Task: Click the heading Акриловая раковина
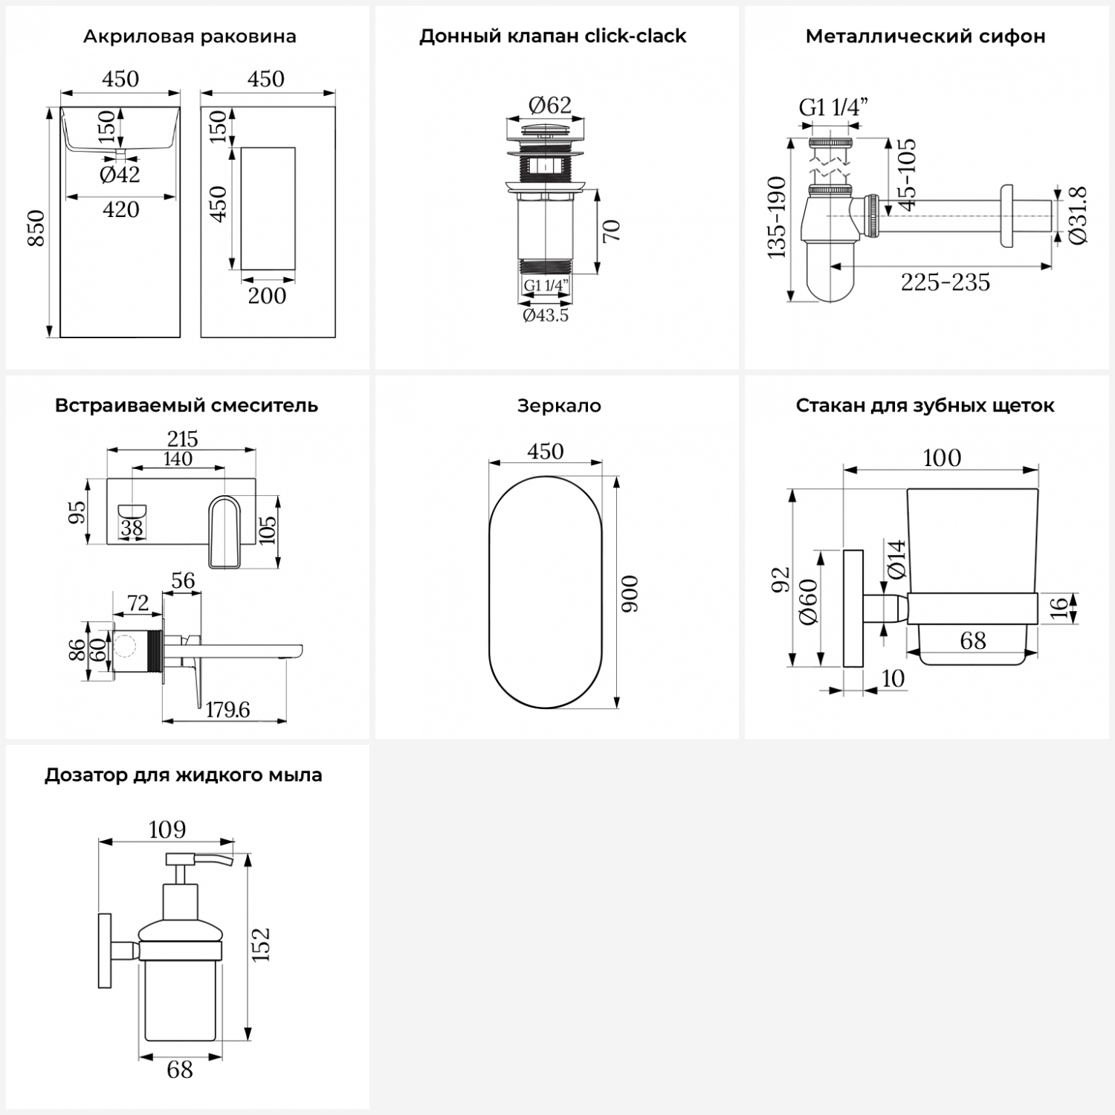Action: [190, 36]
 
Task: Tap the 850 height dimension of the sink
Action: [36, 228]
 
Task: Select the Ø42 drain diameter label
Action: [120, 175]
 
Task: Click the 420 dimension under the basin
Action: [120, 210]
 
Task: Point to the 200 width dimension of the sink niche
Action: [267, 296]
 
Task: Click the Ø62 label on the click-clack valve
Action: [549, 106]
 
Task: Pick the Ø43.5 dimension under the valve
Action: [546, 315]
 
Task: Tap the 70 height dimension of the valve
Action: [611, 231]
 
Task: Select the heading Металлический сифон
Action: [925, 36]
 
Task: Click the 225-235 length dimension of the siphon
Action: [946, 282]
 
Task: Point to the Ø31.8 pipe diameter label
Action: [1079, 216]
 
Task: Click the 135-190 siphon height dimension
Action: [777, 217]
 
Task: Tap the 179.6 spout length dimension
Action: [227, 710]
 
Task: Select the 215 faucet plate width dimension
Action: [182, 439]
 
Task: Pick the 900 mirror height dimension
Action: [630, 593]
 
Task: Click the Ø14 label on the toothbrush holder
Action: [897, 559]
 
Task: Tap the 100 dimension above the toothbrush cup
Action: [942, 458]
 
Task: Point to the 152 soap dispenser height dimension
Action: [261, 945]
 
